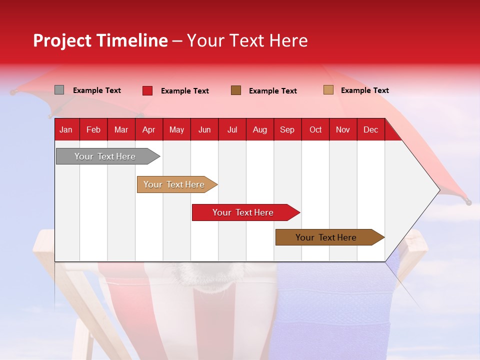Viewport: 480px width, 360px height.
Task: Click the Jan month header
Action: coord(66,130)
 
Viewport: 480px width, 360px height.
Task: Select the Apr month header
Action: coord(148,130)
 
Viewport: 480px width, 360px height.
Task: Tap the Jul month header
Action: coord(232,130)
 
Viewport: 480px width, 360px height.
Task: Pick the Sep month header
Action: coord(287,130)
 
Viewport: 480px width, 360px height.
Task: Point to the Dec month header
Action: coord(370,130)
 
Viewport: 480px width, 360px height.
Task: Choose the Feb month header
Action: coord(93,130)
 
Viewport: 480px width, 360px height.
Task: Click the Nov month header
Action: coord(343,130)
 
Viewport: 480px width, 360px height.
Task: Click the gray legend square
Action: coord(59,90)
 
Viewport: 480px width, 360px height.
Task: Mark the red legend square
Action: coord(147,90)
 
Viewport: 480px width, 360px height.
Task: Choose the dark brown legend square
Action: coord(236,90)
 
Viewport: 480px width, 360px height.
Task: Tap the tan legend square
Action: coord(328,90)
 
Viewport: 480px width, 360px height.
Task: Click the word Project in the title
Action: coord(62,40)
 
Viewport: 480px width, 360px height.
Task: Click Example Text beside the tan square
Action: coord(364,90)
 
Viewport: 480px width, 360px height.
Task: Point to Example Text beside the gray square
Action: coord(97,90)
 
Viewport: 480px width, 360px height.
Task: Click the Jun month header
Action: coord(204,130)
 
